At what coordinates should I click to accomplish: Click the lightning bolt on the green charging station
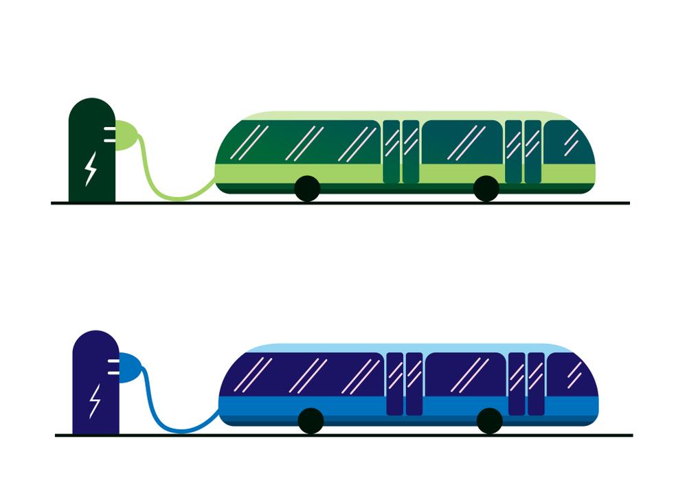90,169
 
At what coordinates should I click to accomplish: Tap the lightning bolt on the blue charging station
94,401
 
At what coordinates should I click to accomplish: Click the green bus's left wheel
307,188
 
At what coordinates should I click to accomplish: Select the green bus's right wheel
486,188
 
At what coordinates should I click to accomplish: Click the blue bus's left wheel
311,420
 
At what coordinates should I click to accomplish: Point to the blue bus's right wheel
489,420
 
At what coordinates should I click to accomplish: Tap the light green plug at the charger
126,135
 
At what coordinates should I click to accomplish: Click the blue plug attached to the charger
131,368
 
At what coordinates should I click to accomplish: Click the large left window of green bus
302,143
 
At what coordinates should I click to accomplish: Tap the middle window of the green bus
462,143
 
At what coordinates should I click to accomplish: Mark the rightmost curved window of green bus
569,143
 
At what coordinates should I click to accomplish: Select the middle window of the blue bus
465,375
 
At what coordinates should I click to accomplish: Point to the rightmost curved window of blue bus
572,375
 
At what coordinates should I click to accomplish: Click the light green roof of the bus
405,115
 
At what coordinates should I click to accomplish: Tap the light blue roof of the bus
409,348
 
